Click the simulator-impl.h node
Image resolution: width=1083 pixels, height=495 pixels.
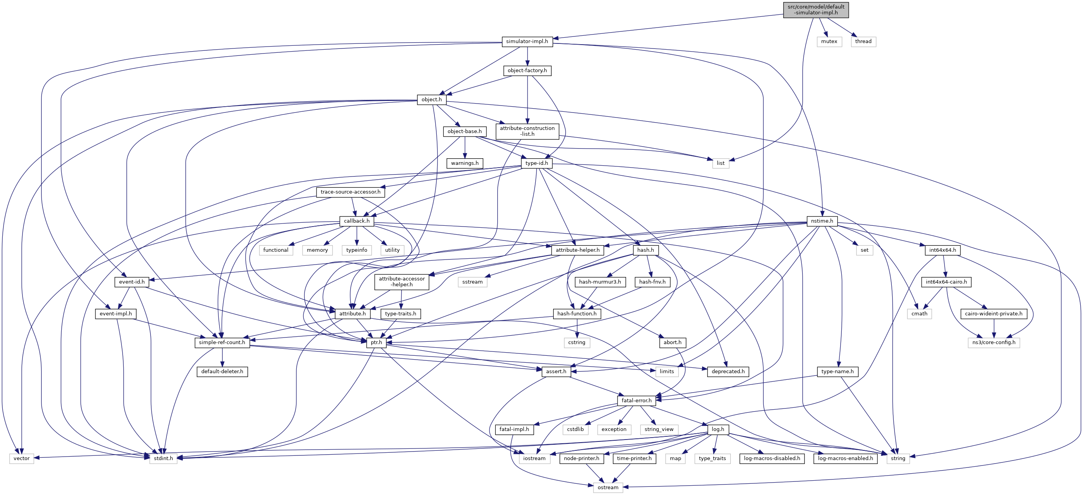527,42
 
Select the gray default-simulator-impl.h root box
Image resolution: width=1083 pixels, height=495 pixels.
816,10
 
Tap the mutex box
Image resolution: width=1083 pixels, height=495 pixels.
829,42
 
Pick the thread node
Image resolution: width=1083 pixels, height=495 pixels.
863,42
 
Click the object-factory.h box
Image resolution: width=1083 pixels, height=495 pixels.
527,71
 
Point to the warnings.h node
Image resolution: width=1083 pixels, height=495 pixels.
465,163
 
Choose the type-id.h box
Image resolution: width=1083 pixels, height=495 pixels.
536,163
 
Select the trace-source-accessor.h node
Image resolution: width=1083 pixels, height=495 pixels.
350,192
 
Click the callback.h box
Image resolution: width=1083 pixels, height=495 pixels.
356,221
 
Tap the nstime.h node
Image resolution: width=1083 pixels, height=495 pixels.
822,221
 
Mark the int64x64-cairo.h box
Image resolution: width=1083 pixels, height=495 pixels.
946,282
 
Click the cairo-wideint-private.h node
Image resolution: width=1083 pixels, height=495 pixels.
994,314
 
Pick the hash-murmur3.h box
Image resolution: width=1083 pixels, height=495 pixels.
600,282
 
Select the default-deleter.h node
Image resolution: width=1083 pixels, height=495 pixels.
222,372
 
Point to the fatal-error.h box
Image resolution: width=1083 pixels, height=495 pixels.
637,401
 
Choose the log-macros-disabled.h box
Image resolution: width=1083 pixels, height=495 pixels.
772,459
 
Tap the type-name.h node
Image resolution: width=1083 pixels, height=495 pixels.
837,372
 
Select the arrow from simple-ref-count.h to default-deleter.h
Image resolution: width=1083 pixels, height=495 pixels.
222,357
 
